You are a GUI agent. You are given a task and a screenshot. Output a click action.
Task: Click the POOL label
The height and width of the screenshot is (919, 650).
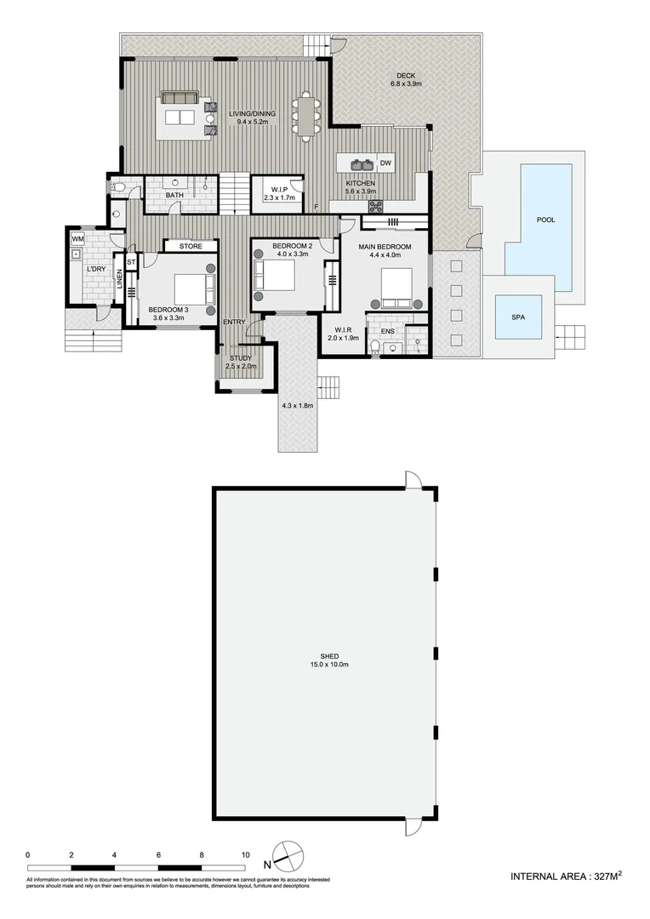point(545,220)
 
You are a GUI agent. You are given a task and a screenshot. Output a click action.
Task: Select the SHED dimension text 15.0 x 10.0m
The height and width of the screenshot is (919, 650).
point(330,665)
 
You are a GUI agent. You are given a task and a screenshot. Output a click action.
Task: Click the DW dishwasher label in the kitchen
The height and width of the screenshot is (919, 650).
point(385,163)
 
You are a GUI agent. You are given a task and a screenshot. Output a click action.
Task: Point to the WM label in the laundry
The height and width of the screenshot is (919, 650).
point(77,238)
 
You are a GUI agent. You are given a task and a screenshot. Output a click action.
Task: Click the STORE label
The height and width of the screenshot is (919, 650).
point(191,247)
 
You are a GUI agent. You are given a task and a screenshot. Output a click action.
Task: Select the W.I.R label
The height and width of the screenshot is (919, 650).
point(344,328)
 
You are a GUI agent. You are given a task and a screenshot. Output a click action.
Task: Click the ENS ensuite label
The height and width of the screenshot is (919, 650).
point(387,330)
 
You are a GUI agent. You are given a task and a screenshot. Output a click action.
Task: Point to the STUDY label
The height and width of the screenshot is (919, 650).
point(240,358)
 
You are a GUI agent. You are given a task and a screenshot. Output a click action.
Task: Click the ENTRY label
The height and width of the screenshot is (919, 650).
point(234,322)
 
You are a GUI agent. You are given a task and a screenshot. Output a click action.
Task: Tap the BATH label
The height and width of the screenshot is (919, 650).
point(174,196)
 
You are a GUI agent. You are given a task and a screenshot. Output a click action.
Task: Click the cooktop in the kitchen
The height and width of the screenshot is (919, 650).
point(374,204)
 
